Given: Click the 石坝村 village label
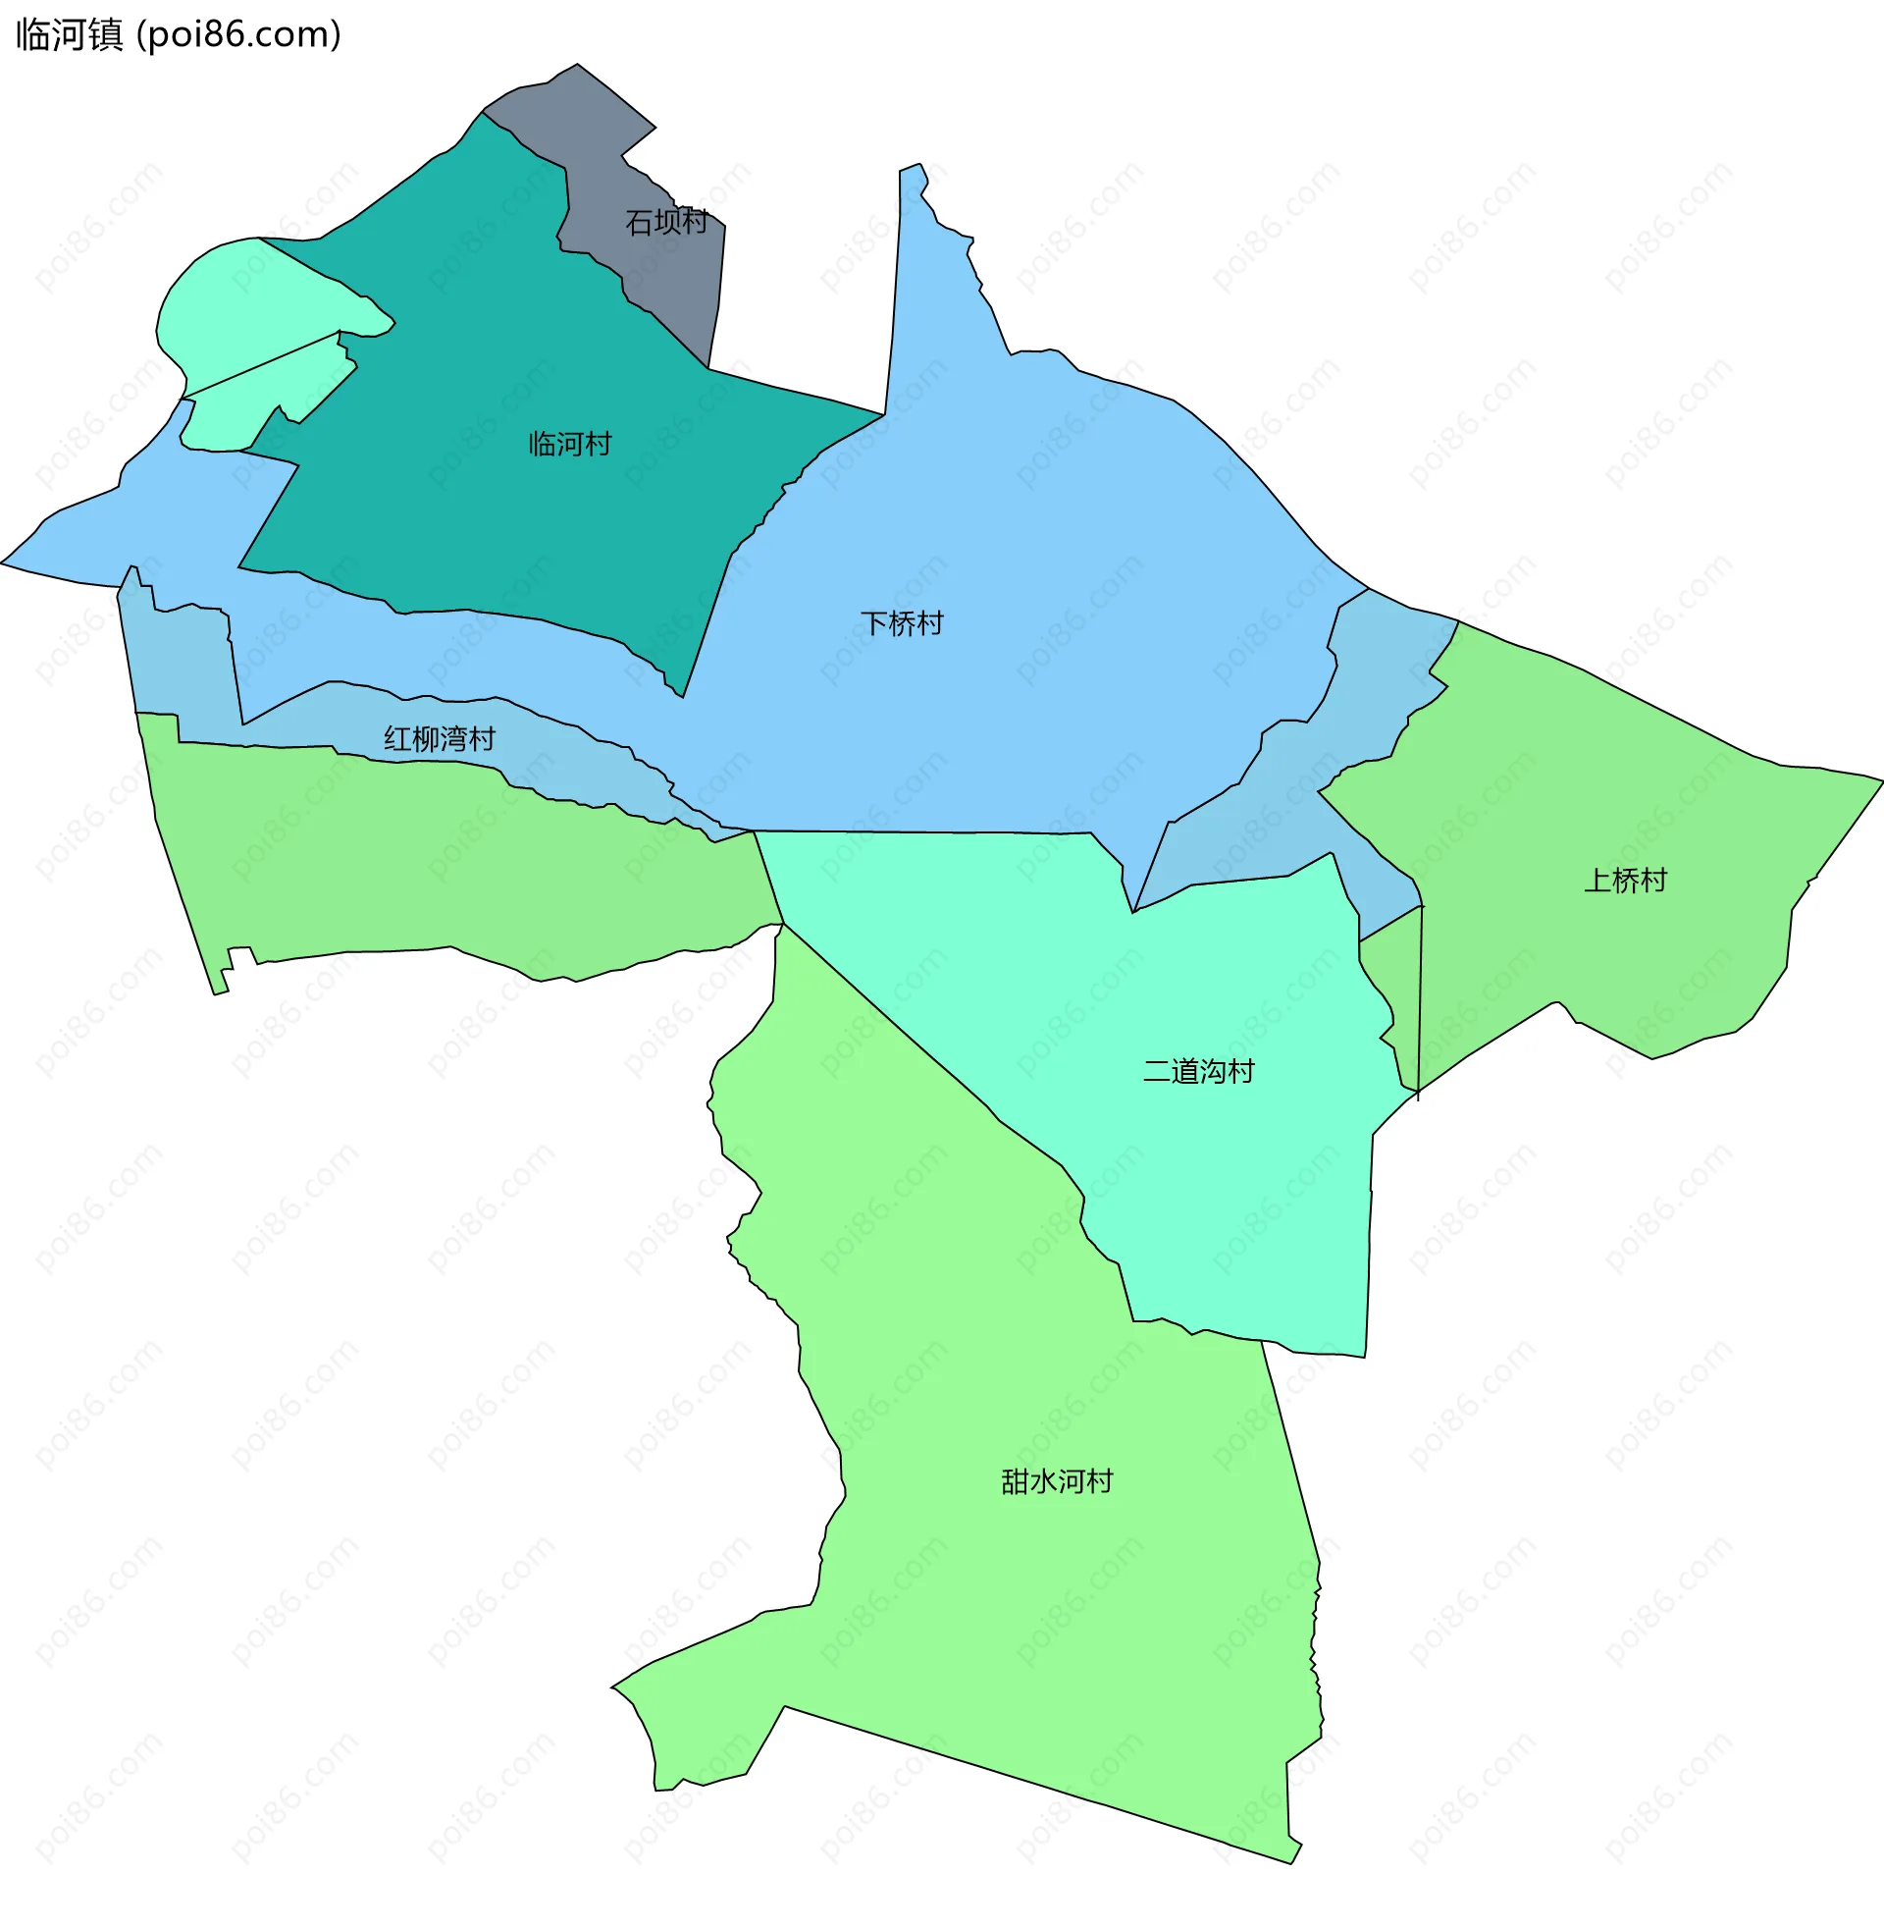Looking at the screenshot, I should pos(666,222).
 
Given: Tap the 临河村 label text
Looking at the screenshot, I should pos(570,444).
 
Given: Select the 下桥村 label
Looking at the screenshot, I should pos(902,623).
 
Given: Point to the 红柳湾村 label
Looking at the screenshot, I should pos(440,739).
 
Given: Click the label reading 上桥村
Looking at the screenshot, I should pos(1625,880).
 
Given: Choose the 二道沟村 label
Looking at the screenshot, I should pos(1198,1071).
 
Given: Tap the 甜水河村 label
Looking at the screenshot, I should pos(1057,1481).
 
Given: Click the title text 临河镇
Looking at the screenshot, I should pos(70,34).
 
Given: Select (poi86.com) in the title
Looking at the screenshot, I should pos(238,34).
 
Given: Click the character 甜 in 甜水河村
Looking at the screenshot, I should pos(1016,1481).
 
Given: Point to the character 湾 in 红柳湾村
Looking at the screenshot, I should pos(453,739).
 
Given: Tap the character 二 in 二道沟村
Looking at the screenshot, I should pos(1157,1071).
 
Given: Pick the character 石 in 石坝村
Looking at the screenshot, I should pos(638,222).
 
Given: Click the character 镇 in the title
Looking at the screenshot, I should pos(105,34).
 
